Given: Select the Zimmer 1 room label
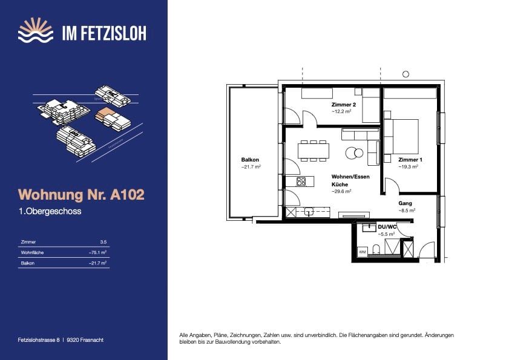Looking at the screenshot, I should pos(410,159).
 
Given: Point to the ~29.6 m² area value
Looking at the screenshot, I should pos(341,191).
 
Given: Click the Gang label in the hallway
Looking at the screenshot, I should pos(405,203).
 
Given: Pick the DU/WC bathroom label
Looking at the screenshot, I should pos(387,226).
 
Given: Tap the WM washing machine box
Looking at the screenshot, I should pos(363,250).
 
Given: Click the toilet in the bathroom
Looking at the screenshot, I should pos(376,249).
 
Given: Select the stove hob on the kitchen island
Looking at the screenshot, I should pos(301,181).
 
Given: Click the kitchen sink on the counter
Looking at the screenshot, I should pos(309,212).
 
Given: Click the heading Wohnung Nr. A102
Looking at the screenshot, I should pos(82,195).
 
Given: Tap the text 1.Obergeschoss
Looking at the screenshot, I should pos(50,212).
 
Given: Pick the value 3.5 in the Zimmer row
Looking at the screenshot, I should pos(103,241).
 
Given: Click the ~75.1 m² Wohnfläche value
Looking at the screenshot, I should pos(98,252).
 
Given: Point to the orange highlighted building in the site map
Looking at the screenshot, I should pos(107,114).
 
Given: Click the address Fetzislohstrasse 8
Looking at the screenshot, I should pos(39,340).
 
